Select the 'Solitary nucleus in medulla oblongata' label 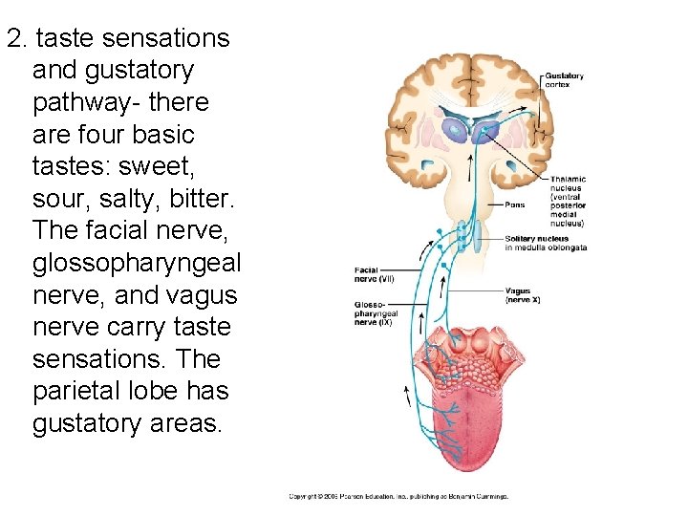point(546,243)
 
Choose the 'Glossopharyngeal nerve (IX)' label point(373,313)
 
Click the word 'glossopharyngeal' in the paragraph point(137,262)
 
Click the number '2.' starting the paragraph point(17,38)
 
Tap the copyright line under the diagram point(398,497)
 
